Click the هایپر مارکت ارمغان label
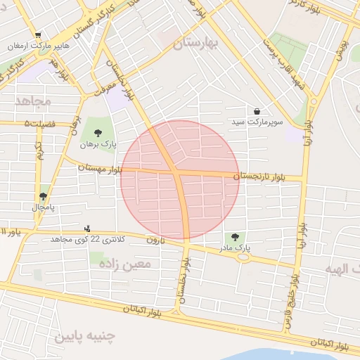pyautogui.click(x=39, y=46)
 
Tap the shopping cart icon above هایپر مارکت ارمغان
pyautogui.click(x=37, y=34)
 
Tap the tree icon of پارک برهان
pyautogui.click(x=97, y=133)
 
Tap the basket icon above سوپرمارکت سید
pyautogui.click(x=257, y=111)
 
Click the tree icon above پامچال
pyautogui.click(x=43, y=197)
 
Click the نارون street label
pyautogui.click(x=154, y=240)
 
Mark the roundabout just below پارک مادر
pyautogui.click(x=243, y=257)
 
